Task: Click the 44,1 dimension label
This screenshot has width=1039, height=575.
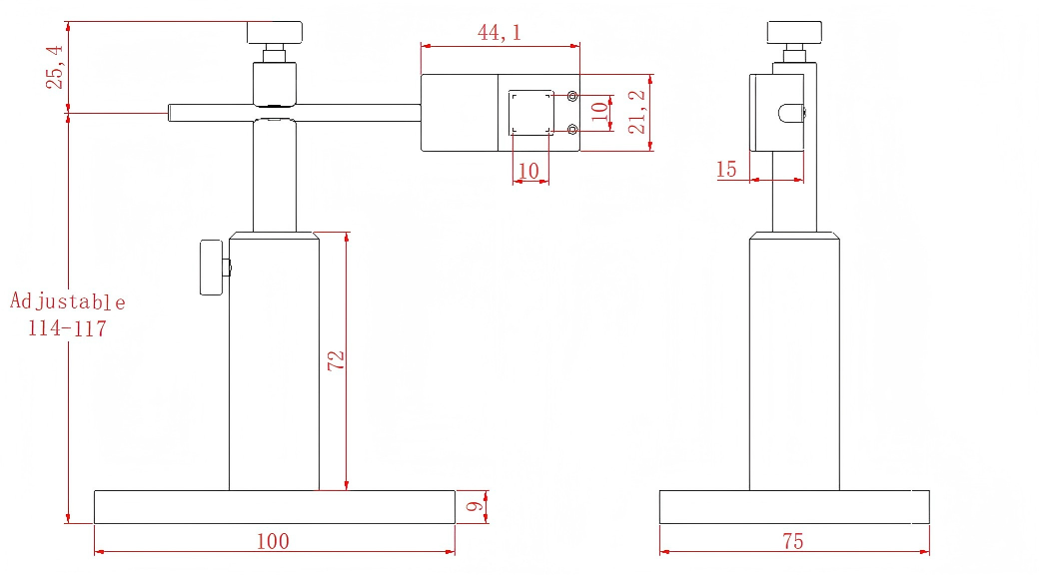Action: (499, 32)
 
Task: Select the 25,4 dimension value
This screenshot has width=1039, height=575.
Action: (54, 67)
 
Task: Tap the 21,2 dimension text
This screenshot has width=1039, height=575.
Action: (636, 112)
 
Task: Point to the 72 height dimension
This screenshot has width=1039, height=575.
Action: (336, 360)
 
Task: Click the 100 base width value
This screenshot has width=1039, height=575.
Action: (273, 541)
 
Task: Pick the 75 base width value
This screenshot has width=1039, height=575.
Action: (792, 541)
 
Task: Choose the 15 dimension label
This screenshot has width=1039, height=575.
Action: (726, 170)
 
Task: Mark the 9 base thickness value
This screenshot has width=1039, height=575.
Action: (475, 507)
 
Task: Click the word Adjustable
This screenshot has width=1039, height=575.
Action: (68, 302)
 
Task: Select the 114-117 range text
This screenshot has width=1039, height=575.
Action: (67, 327)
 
